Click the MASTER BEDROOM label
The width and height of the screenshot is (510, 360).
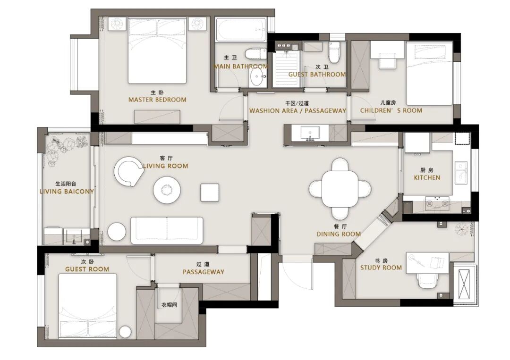coord(157,100)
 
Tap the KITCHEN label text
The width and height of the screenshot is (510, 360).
coord(427,178)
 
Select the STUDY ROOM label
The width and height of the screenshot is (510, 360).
coord(381,268)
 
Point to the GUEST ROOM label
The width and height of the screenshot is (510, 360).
coord(87,269)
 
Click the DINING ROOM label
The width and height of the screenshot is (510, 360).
coord(339,234)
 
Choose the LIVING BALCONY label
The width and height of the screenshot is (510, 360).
coord(67,192)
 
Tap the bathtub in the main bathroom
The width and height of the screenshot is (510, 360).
coord(241,30)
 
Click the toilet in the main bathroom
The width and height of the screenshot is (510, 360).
coord(255,54)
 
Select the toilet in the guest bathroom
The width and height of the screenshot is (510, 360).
coord(334,52)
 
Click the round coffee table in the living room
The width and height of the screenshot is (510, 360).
coord(167,190)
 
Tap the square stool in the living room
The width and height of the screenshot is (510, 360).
coord(210,193)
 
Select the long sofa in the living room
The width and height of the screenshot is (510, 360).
coord(167,231)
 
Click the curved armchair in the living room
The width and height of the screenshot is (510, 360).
coord(128,172)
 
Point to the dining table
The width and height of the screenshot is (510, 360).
coord(340,188)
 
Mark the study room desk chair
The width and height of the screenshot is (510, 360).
coord(429,280)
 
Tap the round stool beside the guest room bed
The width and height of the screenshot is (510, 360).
coord(125,332)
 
